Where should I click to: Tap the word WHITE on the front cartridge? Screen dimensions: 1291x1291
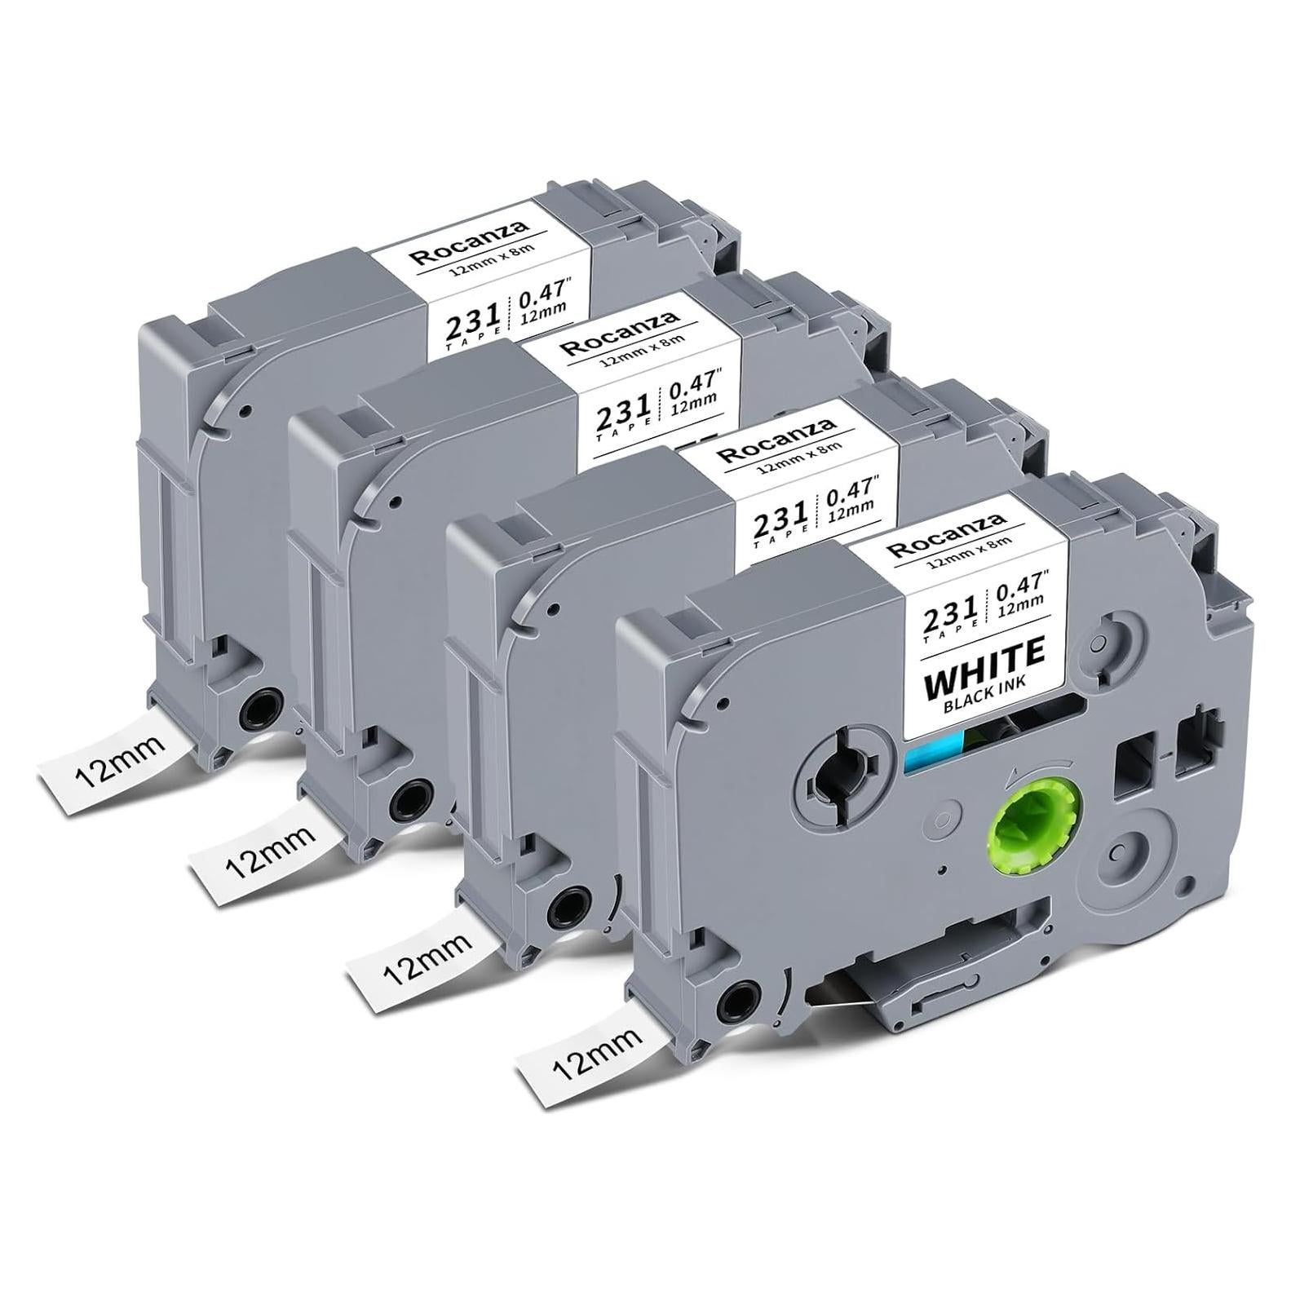tap(984, 661)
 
